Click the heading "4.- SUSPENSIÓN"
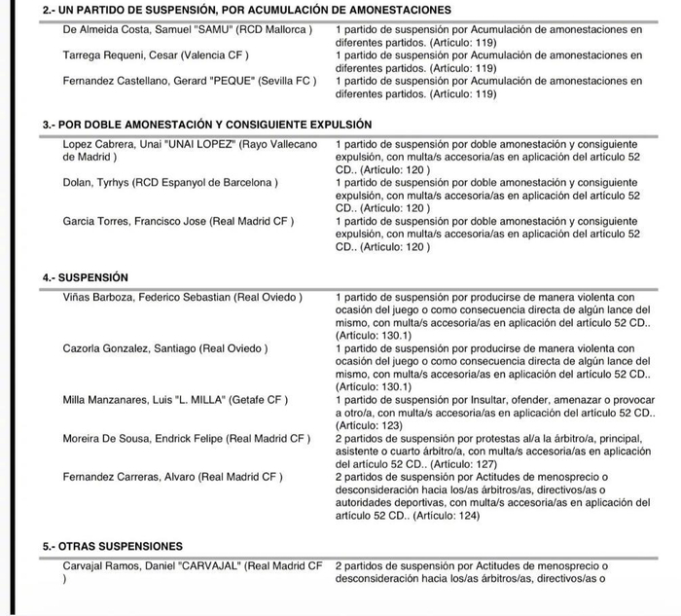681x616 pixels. pos(86,277)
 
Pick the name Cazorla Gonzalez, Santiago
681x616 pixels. pos(129,348)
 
